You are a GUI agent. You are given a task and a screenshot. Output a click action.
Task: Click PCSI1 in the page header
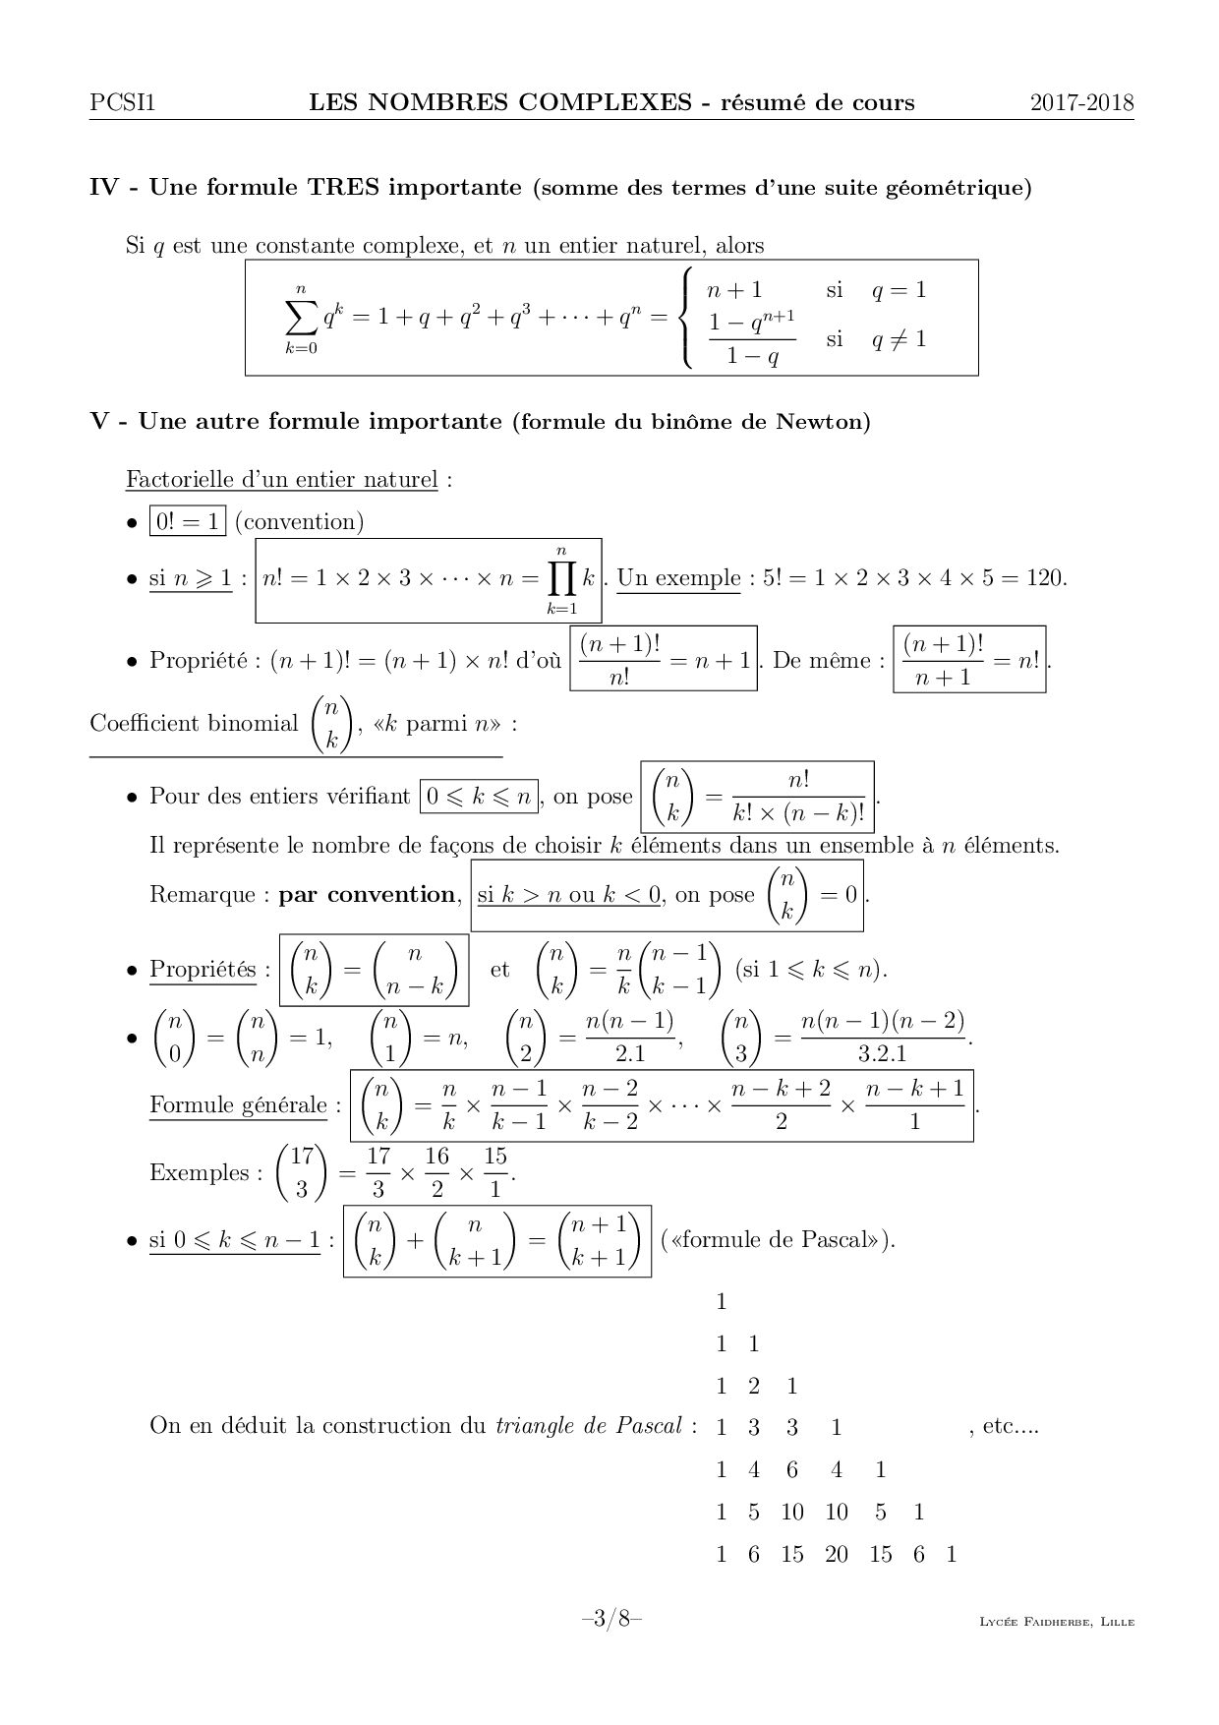[x=122, y=102]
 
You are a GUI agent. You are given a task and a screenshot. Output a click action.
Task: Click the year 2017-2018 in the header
[x=1081, y=102]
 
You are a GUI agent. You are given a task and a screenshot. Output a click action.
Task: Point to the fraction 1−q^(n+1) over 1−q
[x=752, y=338]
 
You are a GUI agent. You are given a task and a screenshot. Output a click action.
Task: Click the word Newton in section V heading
[x=822, y=422]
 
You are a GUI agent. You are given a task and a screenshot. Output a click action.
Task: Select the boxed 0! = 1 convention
[x=187, y=521]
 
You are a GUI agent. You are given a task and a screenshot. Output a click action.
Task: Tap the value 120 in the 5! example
[x=1043, y=578]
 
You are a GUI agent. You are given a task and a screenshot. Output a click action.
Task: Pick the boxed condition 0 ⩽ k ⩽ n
[x=480, y=796]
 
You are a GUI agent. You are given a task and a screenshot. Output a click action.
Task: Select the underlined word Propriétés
[x=203, y=970]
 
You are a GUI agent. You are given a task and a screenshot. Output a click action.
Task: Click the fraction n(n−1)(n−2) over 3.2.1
[x=882, y=1037]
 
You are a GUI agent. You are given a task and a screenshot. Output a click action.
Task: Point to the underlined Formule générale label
[x=238, y=1105]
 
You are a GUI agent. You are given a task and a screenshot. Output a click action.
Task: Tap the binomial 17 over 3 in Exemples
[x=302, y=1172]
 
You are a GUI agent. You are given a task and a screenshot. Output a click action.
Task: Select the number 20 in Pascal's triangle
[x=836, y=1555]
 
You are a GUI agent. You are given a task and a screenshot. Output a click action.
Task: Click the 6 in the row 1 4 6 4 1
[x=791, y=1470]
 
